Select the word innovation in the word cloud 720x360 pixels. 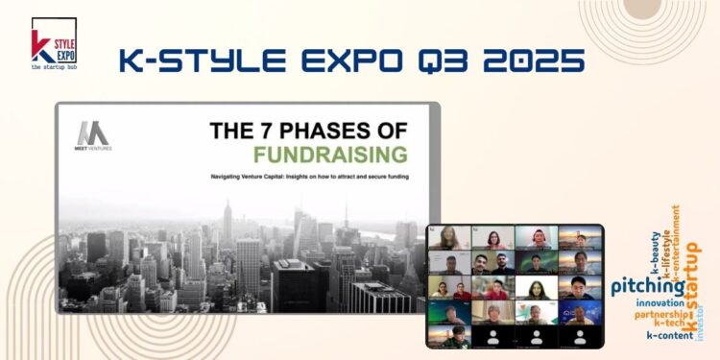(659, 302)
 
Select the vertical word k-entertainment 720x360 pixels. (676, 240)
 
